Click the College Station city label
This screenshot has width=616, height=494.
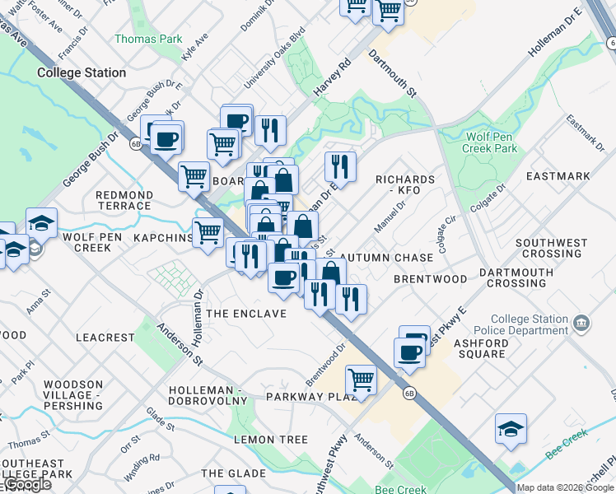(x=82, y=72)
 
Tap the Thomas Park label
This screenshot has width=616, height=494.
(x=148, y=39)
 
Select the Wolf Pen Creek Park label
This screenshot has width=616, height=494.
(x=492, y=142)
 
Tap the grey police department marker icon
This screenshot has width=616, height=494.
(x=582, y=322)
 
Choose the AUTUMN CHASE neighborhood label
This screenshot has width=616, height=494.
(x=385, y=258)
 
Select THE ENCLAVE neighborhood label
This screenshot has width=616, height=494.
(x=246, y=314)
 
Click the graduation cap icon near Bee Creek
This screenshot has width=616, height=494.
(x=511, y=428)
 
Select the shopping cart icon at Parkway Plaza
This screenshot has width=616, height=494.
(x=361, y=380)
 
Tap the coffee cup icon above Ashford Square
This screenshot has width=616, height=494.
(x=409, y=352)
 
